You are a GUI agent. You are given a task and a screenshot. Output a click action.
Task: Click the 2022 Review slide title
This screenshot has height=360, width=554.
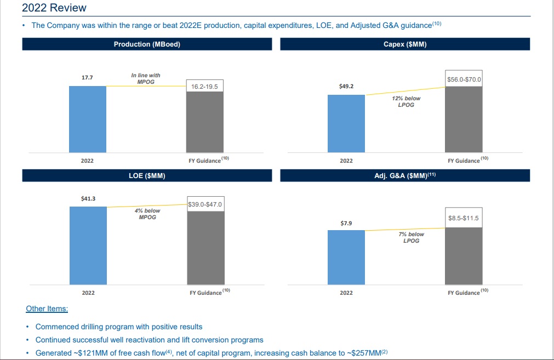click(54, 8)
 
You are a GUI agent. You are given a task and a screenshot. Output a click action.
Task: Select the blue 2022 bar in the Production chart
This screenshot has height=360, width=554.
click(88, 119)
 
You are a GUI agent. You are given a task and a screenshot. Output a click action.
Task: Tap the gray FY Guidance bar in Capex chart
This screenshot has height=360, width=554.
click(464, 119)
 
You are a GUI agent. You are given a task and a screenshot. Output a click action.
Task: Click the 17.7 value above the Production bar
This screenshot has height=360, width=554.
click(87, 77)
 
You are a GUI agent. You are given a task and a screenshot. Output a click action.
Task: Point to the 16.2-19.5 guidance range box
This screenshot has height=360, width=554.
click(205, 87)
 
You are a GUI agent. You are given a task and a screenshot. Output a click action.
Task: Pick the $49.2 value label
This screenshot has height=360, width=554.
click(346, 87)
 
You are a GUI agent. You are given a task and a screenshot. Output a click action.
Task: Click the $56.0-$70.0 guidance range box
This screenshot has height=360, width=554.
click(464, 79)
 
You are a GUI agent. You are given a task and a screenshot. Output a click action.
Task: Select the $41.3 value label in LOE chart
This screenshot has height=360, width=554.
click(88, 198)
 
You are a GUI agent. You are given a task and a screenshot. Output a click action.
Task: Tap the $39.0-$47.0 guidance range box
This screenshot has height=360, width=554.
click(205, 204)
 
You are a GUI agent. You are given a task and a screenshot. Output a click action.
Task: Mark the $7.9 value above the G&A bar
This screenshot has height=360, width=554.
click(346, 223)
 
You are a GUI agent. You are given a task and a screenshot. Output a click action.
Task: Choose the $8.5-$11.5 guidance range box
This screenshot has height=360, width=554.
click(464, 218)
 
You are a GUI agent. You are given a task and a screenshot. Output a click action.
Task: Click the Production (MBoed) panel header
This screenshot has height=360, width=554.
click(147, 44)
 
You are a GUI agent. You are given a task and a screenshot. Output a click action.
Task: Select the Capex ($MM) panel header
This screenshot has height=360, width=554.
click(405, 44)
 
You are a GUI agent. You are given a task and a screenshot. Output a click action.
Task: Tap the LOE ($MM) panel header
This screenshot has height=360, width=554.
click(147, 176)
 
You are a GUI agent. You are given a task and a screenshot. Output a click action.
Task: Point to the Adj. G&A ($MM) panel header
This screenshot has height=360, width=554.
click(405, 176)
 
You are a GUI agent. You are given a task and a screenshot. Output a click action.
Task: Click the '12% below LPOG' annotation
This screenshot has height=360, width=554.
click(406, 101)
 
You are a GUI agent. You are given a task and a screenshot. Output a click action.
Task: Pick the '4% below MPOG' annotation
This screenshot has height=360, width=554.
click(147, 214)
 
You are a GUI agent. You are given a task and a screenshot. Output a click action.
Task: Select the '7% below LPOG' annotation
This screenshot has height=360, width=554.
click(411, 237)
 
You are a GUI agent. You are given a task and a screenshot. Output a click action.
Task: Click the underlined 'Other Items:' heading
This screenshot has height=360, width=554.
click(47, 309)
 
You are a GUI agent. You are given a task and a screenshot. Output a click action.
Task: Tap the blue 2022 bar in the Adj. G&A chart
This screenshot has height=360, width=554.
click(346, 257)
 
